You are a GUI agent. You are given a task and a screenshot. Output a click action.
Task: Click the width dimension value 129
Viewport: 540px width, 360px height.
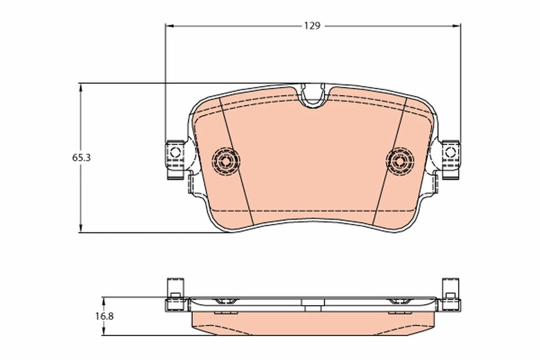(x=311, y=26)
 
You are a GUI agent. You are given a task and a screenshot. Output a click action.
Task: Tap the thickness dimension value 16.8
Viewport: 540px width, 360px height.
(x=104, y=316)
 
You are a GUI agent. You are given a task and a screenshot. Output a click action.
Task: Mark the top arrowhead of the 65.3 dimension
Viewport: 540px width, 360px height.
(x=81, y=87)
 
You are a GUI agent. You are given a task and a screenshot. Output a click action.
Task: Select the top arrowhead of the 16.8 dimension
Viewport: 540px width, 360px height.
(x=104, y=300)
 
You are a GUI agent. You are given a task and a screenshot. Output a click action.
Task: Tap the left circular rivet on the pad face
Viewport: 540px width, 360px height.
(x=226, y=160)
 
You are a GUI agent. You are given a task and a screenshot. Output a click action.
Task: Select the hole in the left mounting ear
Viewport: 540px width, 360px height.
(x=175, y=152)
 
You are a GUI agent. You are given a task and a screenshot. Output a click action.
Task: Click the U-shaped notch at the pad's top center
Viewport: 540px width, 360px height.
(x=313, y=96)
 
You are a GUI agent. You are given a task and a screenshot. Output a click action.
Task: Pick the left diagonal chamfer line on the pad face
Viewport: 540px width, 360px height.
(x=236, y=162)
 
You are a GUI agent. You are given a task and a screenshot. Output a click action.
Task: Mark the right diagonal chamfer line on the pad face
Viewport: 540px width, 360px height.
(x=390, y=162)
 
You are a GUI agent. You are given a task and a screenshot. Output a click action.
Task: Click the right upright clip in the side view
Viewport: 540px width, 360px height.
(x=450, y=288)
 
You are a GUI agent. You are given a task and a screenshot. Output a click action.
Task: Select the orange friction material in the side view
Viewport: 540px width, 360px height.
(x=314, y=323)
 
